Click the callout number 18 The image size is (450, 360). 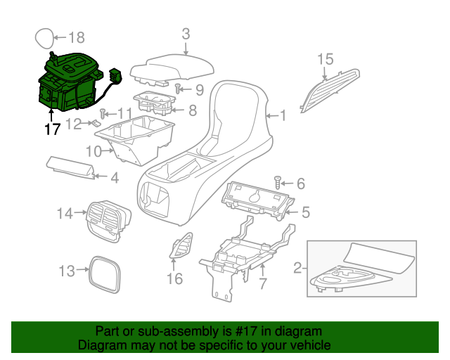pos(76,37)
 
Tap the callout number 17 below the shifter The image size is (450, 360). pos(52,129)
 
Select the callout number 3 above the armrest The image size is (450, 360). pos(186,33)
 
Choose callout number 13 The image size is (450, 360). pos(66,271)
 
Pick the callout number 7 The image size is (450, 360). pos(262,284)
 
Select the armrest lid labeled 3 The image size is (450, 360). pos(174,68)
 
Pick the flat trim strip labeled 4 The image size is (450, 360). pos(70,167)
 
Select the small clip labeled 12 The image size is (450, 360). pos(96,124)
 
